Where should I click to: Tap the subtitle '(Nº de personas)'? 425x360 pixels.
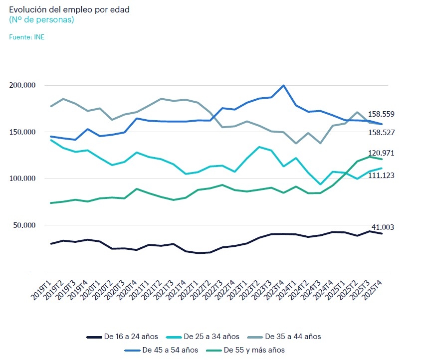(x=41, y=20)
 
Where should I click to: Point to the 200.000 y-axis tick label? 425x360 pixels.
(x=23, y=85)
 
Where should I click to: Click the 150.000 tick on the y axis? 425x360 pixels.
(x=23, y=132)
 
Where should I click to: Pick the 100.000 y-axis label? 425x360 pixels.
(x=23, y=179)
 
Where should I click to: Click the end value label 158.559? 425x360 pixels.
(x=381, y=114)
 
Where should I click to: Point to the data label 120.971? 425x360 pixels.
(x=381, y=153)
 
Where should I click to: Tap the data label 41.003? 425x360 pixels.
(x=383, y=227)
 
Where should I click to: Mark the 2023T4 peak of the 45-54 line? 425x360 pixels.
(x=283, y=85)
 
